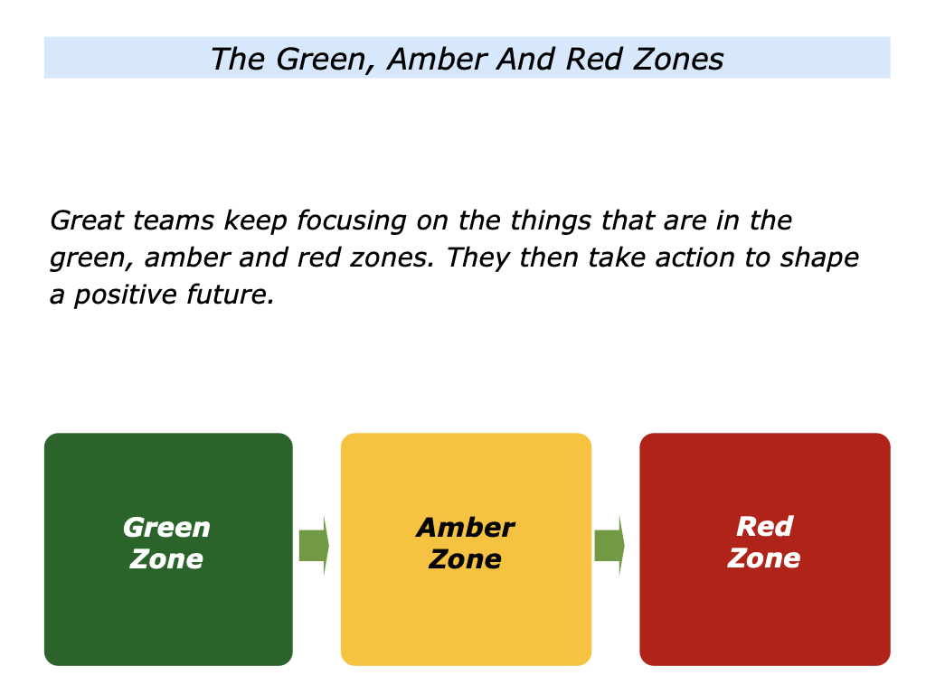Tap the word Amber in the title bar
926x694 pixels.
tap(437, 59)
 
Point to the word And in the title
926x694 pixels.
tap(525, 59)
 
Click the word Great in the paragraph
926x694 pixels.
tap(87, 220)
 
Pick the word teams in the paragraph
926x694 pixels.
tap(174, 220)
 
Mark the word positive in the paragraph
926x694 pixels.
tap(125, 295)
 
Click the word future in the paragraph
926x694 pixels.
tap(231, 295)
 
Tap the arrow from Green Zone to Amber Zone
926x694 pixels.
tap(314, 545)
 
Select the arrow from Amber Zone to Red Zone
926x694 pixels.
tap(609, 545)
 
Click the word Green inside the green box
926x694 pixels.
tap(166, 528)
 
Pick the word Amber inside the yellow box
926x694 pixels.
tap(466, 528)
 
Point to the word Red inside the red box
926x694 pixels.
tap(765, 527)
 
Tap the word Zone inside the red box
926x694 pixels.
tap(763, 558)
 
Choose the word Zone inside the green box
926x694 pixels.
tap(166, 559)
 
